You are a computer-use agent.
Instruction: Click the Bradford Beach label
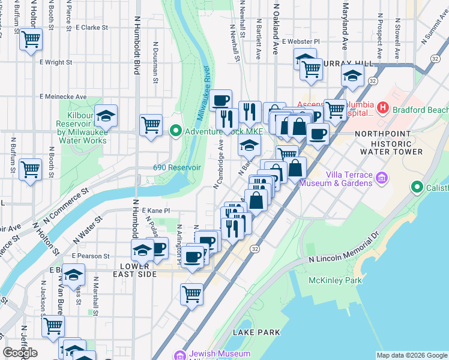(x=420, y=110)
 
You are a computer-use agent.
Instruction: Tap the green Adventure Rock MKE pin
(x=176, y=130)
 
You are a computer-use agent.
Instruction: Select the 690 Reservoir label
(x=176, y=168)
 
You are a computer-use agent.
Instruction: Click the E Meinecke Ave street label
(x=63, y=97)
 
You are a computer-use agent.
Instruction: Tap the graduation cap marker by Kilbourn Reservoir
(x=106, y=115)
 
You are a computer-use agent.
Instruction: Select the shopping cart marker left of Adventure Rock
(x=151, y=125)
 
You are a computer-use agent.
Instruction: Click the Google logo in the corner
(x=19, y=353)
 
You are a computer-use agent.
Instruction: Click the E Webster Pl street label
(x=305, y=41)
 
